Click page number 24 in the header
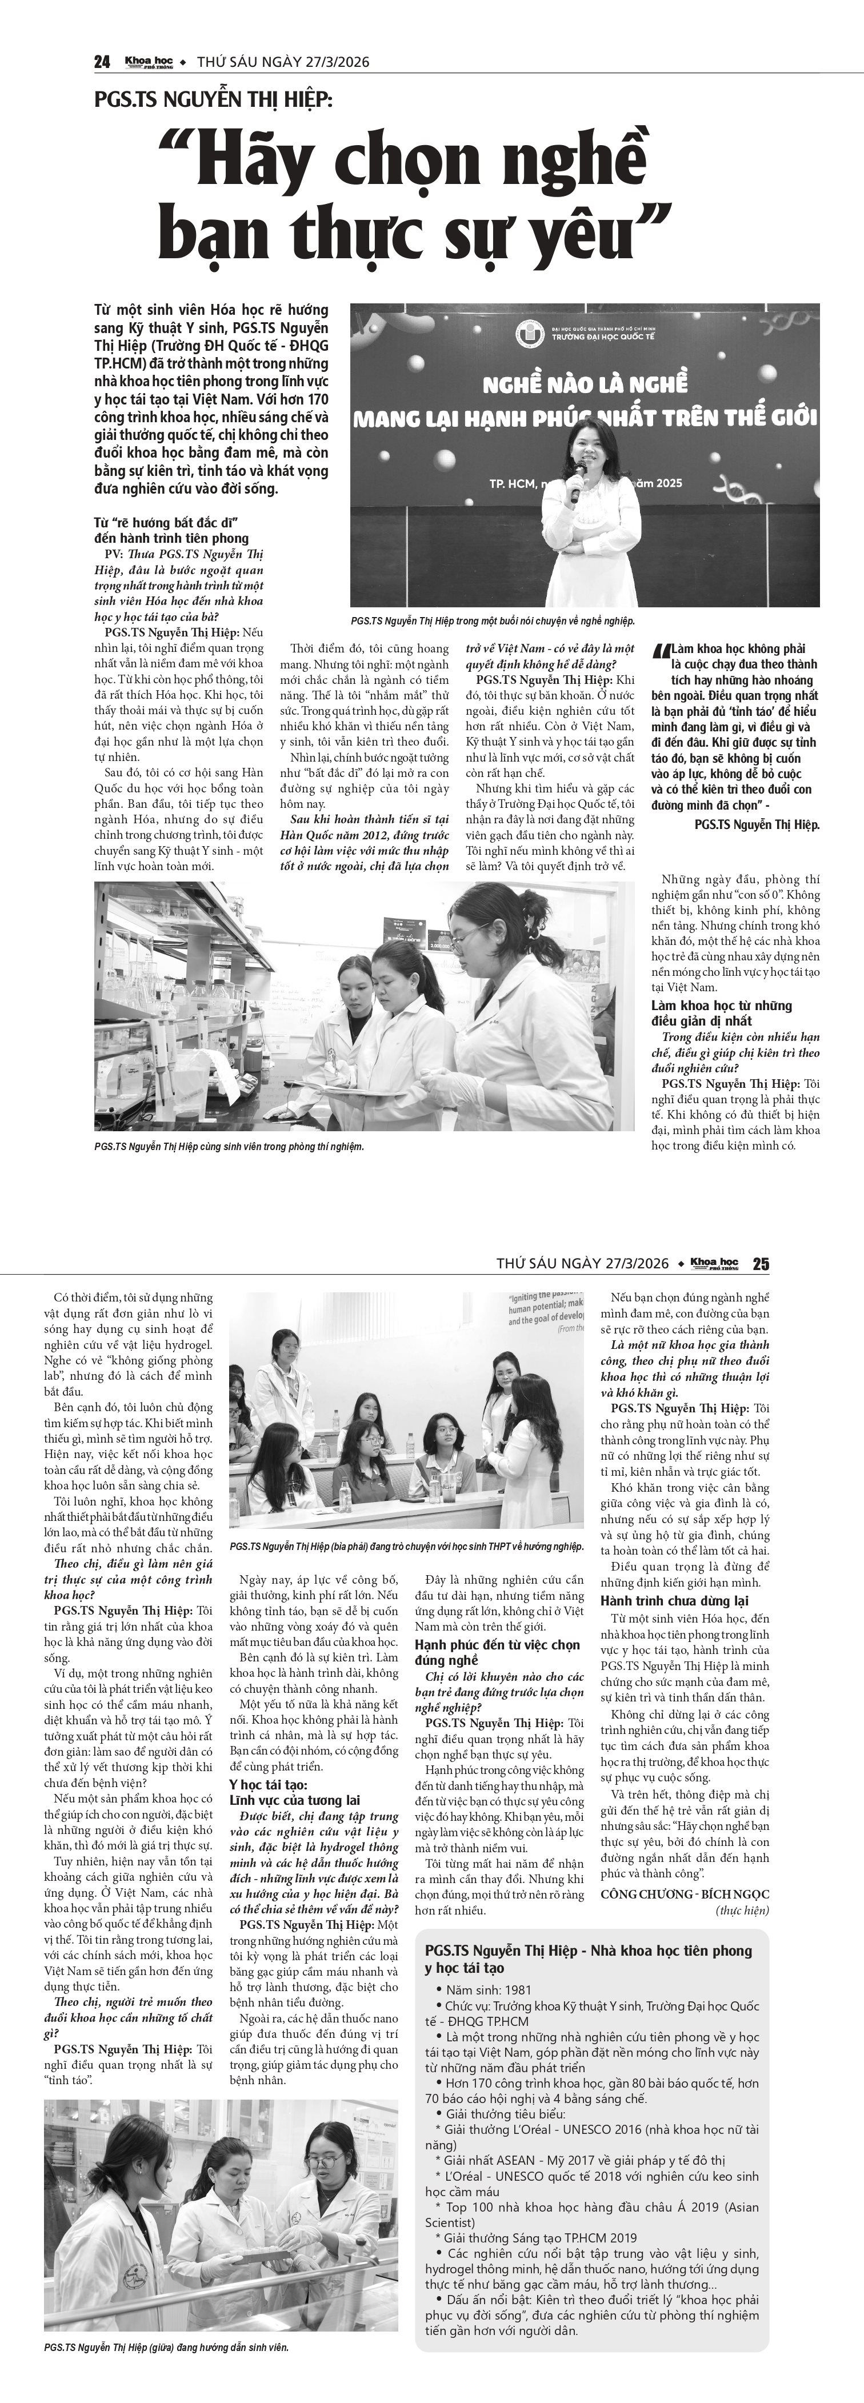point(103,62)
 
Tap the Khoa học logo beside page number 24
point(149,62)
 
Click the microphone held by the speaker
point(575,482)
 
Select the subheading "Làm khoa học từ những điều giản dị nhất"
point(721,1013)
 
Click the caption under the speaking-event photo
point(493,620)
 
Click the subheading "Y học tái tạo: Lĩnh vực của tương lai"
point(295,1793)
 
